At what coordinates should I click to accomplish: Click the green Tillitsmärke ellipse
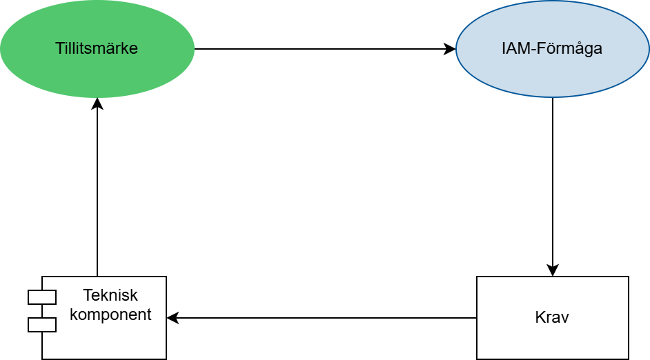tap(97, 49)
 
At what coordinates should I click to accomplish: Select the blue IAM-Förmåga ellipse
tap(553, 49)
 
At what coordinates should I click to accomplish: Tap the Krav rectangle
tap(553, 318)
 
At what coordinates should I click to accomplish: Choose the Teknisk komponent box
tap(104, 318)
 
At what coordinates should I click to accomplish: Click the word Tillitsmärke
tap(97, 48)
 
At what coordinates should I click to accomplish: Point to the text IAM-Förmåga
tap(552, 48)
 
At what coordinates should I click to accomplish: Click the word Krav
tap(552, 317)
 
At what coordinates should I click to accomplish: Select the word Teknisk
tap(110, 295)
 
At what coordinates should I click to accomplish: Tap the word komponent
tap(110, 314)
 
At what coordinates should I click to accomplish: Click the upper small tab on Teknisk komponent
tap(42, 297)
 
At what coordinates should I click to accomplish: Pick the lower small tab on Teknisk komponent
tap(42, 325)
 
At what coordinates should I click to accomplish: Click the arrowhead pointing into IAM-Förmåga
tap(450, 49)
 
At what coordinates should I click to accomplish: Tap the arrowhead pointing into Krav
tap(553, 270)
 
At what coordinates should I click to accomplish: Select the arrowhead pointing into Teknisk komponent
tap(173, 318)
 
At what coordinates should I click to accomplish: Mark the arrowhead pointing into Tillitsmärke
tap(97, 104)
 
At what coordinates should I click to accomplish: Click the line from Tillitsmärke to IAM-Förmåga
tap(325, 49)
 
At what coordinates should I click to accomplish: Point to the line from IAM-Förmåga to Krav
tap(553, 187)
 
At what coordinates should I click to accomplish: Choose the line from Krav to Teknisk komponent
tap(322, 318)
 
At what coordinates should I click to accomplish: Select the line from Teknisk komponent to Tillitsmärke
tap(97, 187)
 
